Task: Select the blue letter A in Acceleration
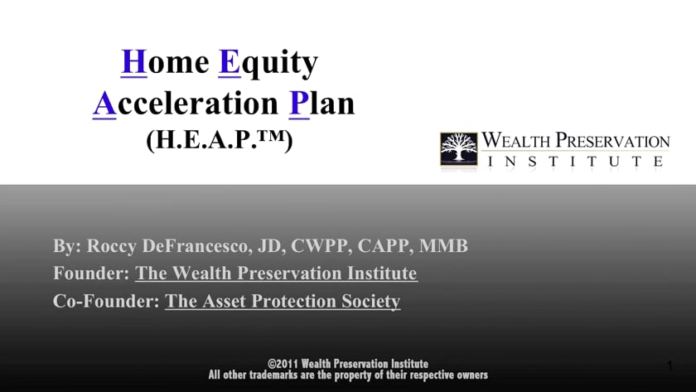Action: pyautogui.click(x=104, y=104)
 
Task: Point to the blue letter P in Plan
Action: pyautogui.click(x=299, y=104)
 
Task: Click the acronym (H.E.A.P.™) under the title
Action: pyautogui.click(x=220, y=140)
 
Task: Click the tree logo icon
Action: pyautogui.click(x=459, y=149)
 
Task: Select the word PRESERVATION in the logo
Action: pyautogui.click(x=613, y=141)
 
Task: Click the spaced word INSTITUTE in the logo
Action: pyautogui.click(x=575, y=161)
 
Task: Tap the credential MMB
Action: pyautogui.click(x=443, y=245)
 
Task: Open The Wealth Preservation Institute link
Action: pyautogui.click(x=276, y=273)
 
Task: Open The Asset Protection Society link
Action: pyautogui.click(x=283, y=301)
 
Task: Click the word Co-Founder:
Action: pyautogui.click(x=106, y=301)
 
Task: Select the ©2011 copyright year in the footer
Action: pyautogui.click(x=283, y=364)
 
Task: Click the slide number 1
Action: pyautogui.click(x=669, y=365)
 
